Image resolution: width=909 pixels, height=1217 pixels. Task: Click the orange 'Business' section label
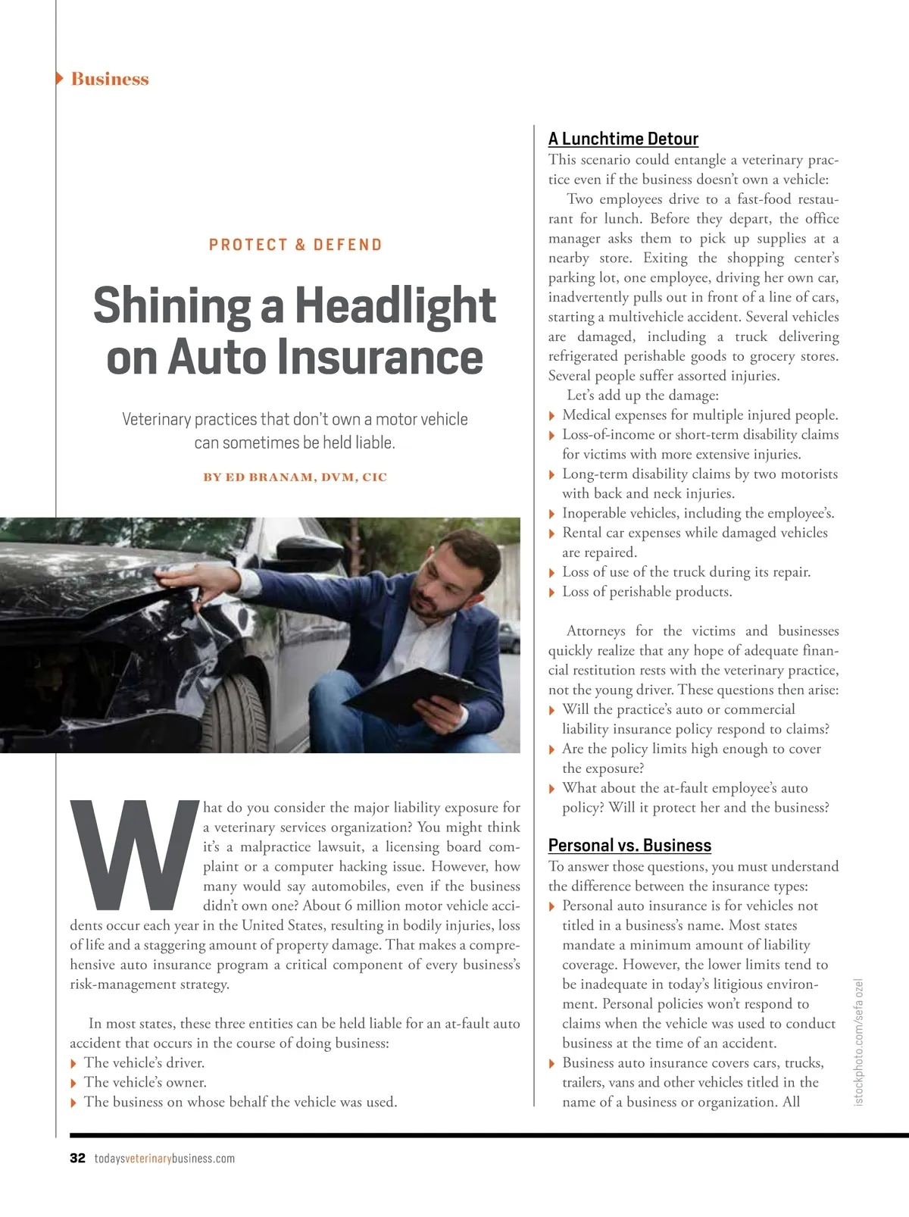(110, 79)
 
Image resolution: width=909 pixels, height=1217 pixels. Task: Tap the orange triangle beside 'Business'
(59, 78)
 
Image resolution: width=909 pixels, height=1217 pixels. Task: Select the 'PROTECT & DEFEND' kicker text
(295, 245)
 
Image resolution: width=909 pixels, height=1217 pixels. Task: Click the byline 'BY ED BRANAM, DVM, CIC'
(295, 477)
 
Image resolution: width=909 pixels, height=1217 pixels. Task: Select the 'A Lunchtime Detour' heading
(623, 139)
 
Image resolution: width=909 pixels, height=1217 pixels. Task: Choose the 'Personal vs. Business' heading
(629, 846)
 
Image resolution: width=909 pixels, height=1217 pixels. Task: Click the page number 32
(77, 1158)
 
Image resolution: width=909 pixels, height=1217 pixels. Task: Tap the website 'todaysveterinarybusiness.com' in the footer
(164, 1158)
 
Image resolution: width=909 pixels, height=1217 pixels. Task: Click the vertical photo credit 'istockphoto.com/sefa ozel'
(858, 1042)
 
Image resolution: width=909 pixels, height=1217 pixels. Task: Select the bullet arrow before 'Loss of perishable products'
(551, 593)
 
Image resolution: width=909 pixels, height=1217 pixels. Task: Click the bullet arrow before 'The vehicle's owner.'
(73, 1083)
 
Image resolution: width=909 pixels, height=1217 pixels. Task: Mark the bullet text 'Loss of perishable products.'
(647, 592)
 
